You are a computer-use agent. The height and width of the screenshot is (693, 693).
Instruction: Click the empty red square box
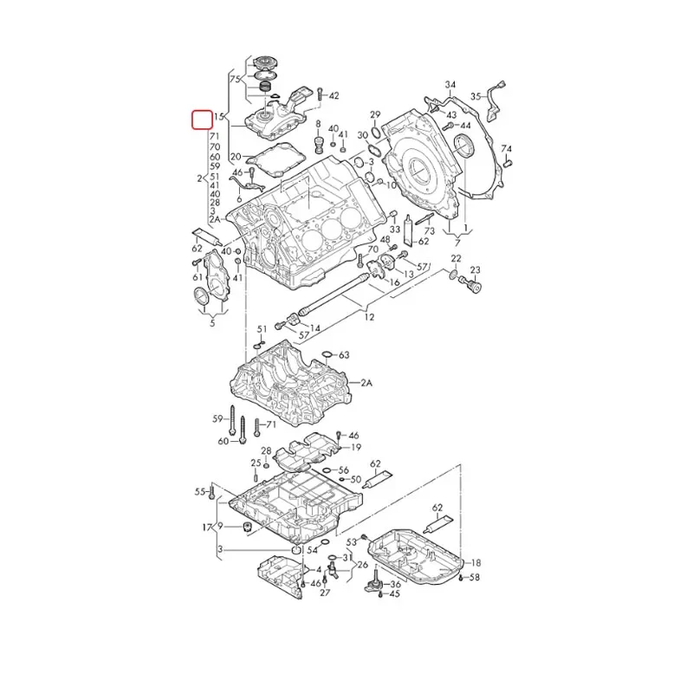202,120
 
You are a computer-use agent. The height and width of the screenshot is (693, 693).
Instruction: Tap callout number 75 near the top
235,79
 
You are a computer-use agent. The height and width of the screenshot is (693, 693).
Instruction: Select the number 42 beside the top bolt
334,95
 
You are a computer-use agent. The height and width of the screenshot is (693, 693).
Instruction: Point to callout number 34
450,84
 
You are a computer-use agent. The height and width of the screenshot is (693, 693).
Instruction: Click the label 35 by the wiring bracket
476,96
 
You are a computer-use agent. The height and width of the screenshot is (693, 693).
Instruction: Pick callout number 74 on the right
507,148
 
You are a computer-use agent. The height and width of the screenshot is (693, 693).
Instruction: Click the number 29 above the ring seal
375,114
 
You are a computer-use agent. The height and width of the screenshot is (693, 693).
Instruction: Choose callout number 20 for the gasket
236,157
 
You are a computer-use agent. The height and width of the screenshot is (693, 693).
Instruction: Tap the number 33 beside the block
395,230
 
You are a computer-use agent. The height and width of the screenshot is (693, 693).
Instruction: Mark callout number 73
430,230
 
